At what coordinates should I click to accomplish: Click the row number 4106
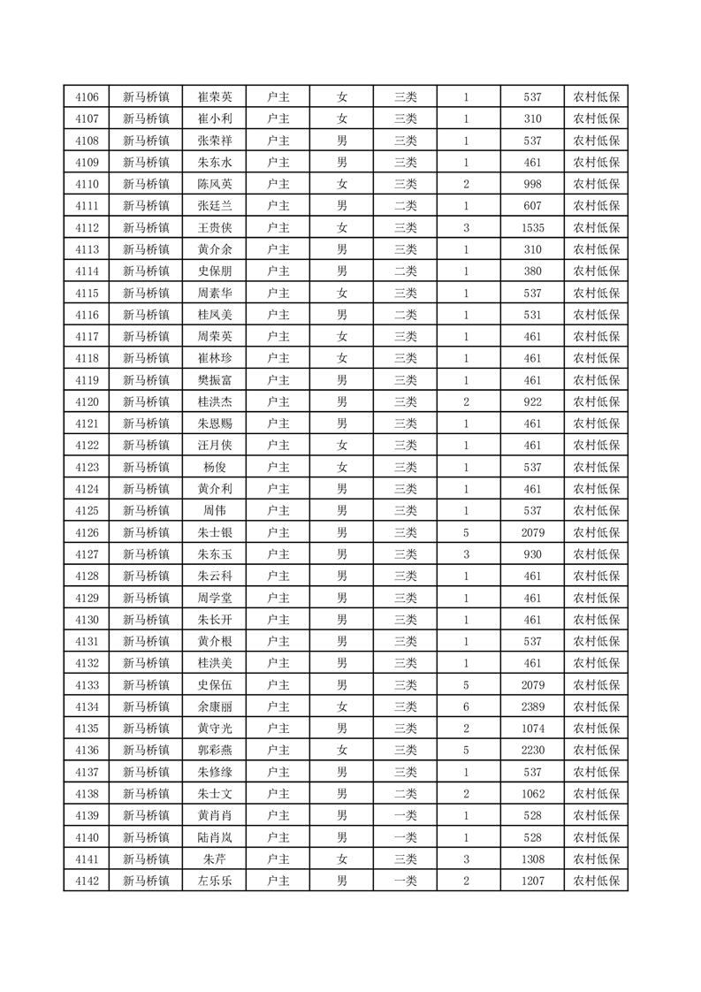click(x=87, y=97)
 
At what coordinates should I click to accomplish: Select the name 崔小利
click(x=215, y=119)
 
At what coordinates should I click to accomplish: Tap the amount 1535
click(x=532, y=228)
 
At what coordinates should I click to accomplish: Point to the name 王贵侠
click(x=215, y=228)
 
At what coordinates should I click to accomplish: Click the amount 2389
click(x=532, y=706)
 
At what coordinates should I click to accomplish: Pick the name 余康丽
click(x=215, y=706)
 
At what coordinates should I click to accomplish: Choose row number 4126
click(x=87, y=532)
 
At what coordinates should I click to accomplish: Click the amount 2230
click(x=532, y=750)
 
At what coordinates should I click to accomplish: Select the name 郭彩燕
click(x=215, y=750)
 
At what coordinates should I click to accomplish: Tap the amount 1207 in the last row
click(x=532, y=881)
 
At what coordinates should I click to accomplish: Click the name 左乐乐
click(x=215, y=881)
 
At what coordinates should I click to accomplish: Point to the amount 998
click(x=532, y=185)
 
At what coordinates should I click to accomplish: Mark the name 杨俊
click(x=215, y=467)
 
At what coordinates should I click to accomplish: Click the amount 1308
click(x=532, y=858)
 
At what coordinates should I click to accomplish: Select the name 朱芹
click(x=215, y=858)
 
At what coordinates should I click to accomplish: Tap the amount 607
click(x=532, y=206)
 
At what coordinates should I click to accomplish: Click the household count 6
click(x=466, y=706)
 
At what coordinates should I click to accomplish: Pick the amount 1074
click(x=532, y=729)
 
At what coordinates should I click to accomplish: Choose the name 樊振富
click(x=215, y=380)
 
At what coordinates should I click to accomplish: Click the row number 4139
click(x=87, y=815)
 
